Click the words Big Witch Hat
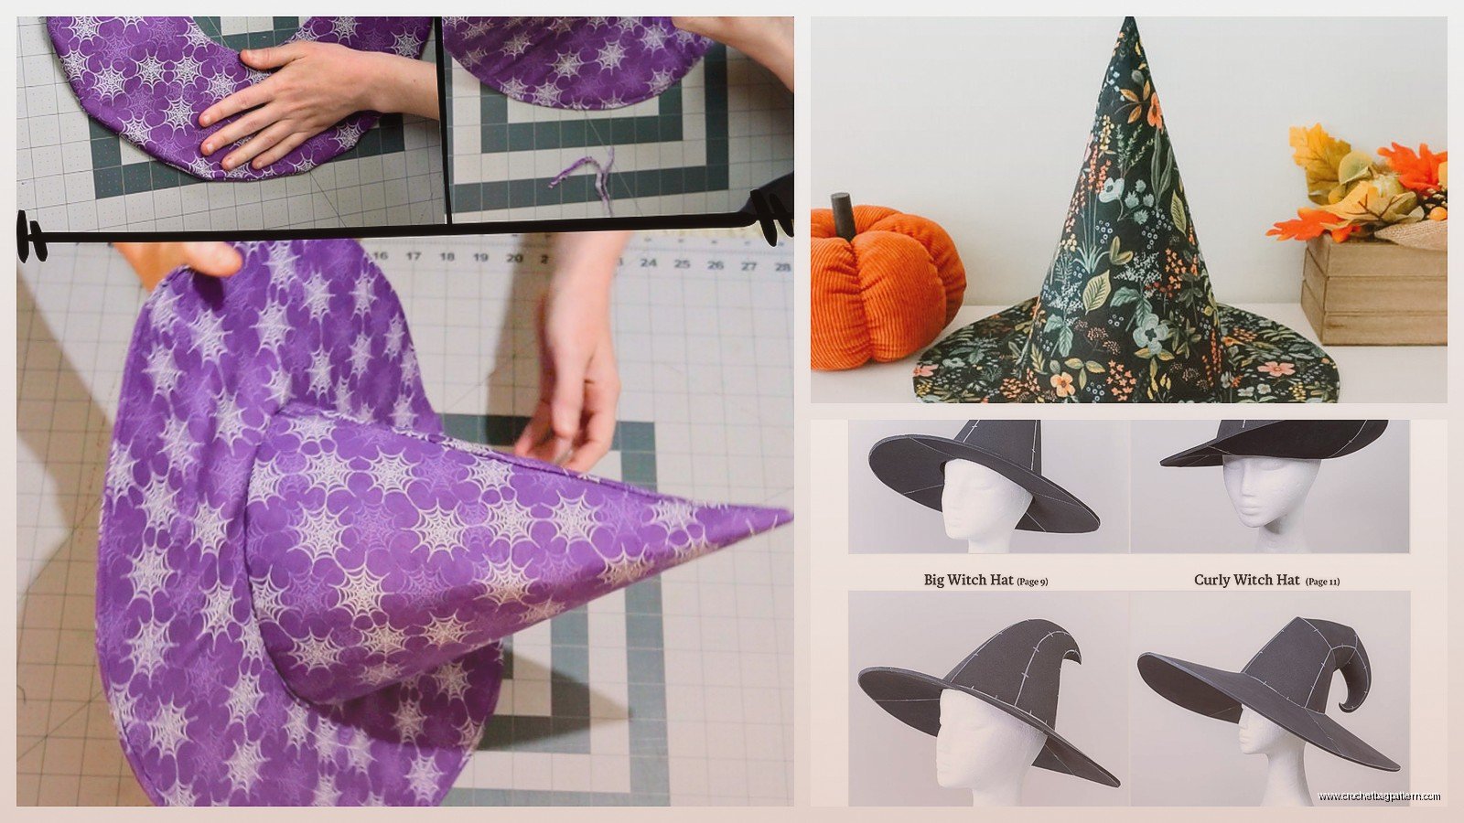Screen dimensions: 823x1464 click(x=968, y=580)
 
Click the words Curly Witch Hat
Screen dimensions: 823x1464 click(x=1246, y=580)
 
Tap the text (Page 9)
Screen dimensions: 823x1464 click(x=1032, y=581)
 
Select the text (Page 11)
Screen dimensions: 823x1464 click(x=1322, y=581)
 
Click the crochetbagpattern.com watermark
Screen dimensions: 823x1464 click(x=1379, y=796)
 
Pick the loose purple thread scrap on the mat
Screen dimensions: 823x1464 click(x=586, y=174)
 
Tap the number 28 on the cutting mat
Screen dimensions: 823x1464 click(x=781, y=266)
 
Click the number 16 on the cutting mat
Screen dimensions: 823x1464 click(x=381, y=257)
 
